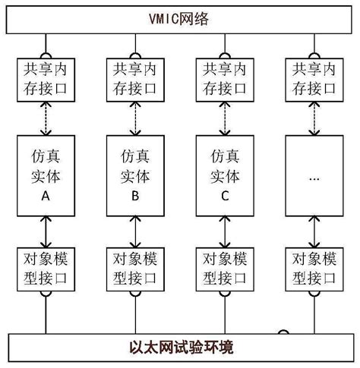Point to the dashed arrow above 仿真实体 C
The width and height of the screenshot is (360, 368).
coord(224,118)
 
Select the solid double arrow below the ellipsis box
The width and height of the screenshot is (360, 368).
coord(313,229)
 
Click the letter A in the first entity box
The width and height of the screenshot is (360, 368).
coord(45,196)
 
